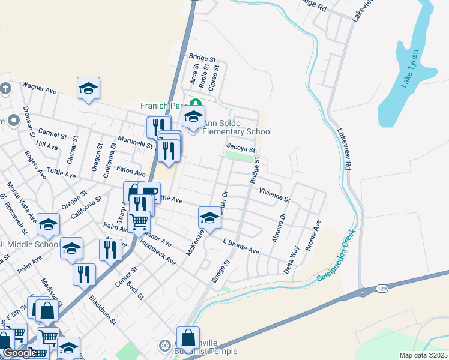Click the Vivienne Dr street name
pos(274,194)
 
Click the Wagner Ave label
pos(39,88)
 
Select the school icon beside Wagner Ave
pos(88,88)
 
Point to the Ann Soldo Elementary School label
pos(237,127)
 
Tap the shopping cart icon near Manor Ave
pos(139,221)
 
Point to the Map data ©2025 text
pos(423,355)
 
